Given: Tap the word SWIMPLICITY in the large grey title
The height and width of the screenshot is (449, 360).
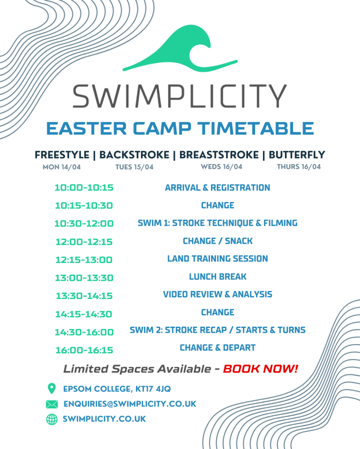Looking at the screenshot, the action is [180, 96].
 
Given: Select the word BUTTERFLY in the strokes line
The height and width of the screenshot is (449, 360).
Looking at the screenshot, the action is [297, 155].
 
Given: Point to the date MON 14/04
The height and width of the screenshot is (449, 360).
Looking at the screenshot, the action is [61, 167].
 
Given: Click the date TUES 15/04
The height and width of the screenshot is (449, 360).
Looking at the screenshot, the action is [135, 167].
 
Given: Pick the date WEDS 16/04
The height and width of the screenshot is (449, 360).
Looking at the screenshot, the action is [221, 167].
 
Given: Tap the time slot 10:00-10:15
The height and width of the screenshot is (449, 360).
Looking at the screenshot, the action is [84, 187].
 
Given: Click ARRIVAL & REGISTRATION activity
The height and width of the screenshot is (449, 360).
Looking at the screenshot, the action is [217, 187].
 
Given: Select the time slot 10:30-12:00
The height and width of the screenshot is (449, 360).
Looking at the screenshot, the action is [84, 224].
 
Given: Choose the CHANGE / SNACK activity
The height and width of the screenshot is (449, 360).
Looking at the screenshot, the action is [217, 241].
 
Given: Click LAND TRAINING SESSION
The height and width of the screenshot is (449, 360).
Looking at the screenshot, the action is [217, 259].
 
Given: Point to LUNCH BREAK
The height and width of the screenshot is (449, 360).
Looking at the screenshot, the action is [217, 277].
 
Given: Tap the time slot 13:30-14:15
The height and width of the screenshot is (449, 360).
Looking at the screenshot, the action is [84, 296].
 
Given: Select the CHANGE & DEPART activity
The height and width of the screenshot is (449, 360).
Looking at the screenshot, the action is [217, 348].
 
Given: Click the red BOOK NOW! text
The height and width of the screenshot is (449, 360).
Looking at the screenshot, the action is [261, 369].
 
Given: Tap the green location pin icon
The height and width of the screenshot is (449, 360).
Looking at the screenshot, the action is [52, 389].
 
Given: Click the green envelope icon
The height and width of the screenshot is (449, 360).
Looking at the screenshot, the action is [52, 404].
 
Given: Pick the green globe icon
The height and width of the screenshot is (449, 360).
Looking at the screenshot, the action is [52, 419].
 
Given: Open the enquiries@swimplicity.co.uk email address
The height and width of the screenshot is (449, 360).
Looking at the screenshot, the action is [130, 404].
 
